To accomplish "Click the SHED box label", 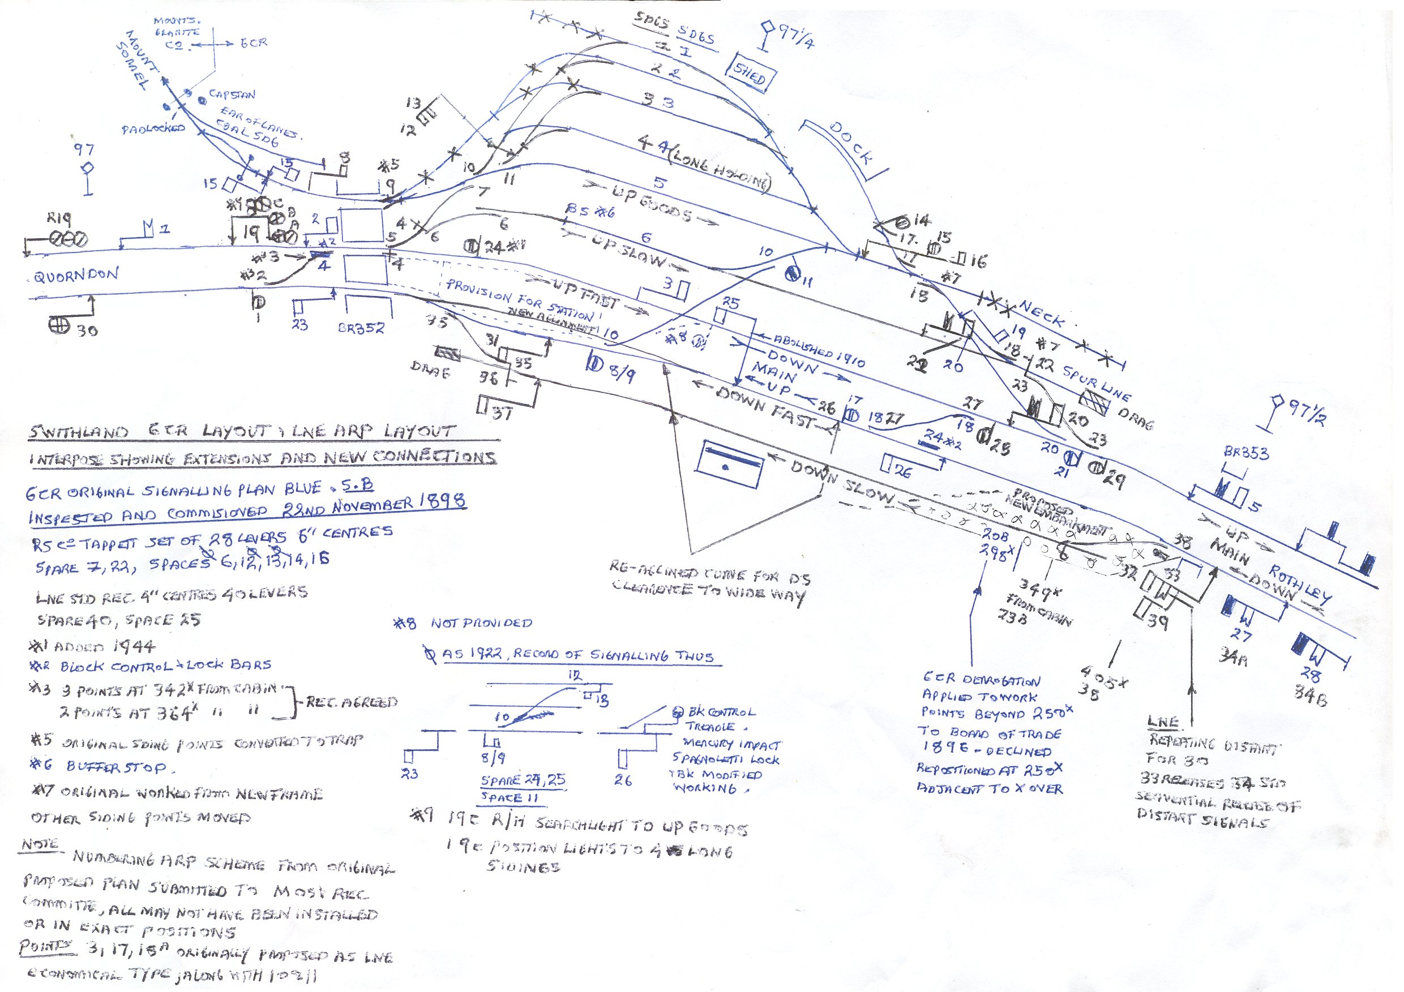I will click(750, 76).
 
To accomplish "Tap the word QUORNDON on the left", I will click(76, 276).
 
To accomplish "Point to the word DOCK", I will click(851, 144).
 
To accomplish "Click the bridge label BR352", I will click(361, 328).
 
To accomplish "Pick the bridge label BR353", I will click(1245, 453).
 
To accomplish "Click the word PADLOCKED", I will click(152, 128).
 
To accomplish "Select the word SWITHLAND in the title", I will click(78, 432).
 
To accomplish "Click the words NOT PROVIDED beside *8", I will click(481, 623).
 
